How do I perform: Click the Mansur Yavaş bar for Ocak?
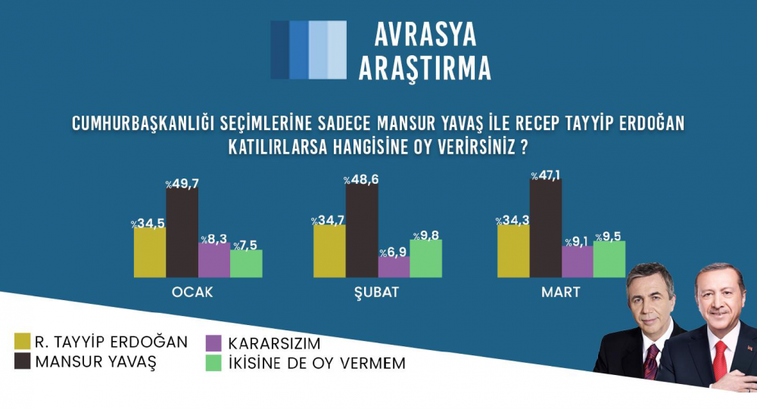point(182,233)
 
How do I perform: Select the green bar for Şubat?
point(425,259)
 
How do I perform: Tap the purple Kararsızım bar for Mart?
point(578,262)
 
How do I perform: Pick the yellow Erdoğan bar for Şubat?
point(329,251)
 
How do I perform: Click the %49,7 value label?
point(182,184)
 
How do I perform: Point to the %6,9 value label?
point(393,253)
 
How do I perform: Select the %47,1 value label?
point(546,175)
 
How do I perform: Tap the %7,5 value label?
point(245,246)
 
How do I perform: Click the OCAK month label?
point(192,293)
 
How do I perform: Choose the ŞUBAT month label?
point(376,293)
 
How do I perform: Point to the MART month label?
point(560,293)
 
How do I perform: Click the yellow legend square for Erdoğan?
point(22,341)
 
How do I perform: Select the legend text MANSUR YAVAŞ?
point(96,361)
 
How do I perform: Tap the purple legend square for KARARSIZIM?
point(213,343)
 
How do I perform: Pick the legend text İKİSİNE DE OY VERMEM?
point(316,363)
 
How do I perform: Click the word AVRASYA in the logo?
point(425,34)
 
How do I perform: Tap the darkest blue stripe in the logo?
point(280,50)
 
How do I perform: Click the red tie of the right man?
point(720,360)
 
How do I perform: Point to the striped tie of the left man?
point(651,361)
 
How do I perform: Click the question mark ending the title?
point(523,147)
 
